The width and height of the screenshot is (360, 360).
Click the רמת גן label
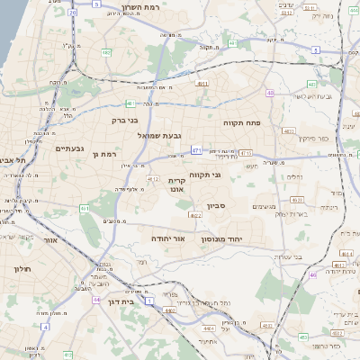click(x=104, y=155)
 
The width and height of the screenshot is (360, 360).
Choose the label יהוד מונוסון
click(x=242, y=239)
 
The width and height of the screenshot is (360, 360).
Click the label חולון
click(x=22, y=268)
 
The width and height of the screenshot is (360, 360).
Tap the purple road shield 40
click(x=270, y=93)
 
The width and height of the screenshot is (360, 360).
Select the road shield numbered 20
click(x=71, y=13)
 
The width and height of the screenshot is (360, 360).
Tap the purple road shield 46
click(x=312, y=274)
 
